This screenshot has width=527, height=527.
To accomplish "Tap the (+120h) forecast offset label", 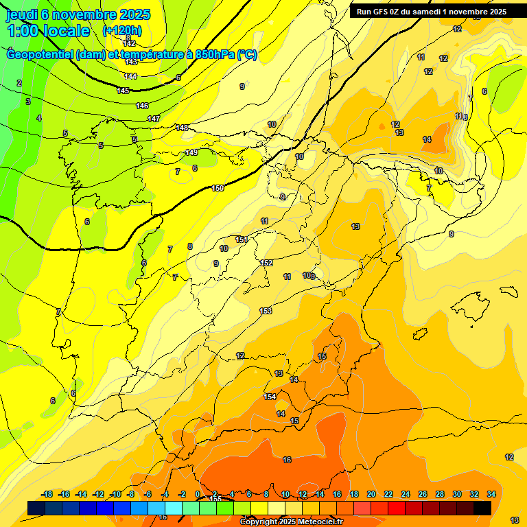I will click(122, 30).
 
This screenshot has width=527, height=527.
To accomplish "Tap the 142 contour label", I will click(129, 44).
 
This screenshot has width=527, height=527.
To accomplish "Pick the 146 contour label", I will click(142, 106).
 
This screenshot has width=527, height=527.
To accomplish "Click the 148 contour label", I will click(182, 128).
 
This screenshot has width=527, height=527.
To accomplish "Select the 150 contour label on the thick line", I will click(218, 188).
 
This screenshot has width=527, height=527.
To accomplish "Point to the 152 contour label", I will click(267, 263).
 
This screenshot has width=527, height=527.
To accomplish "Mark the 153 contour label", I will click(266, 311).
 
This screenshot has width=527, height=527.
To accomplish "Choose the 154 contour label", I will click(270, 397).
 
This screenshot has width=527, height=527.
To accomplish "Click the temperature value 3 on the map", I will click(28, 102).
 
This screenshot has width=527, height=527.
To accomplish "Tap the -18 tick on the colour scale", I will click(47, 494).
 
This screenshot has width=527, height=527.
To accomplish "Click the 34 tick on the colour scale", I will click(491, 494).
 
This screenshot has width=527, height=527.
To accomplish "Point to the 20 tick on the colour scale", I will click(371, 494).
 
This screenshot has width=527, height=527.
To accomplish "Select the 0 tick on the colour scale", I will click(198, 494).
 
